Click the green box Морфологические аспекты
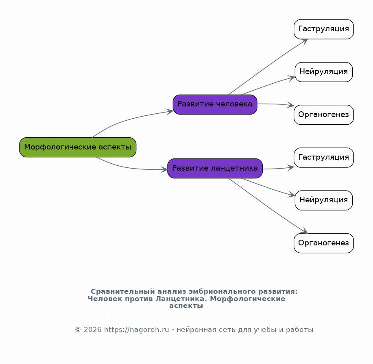[78, 147]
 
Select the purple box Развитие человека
[215, 104]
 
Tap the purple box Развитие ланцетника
[215, 169]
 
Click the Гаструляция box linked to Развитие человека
[324, 29]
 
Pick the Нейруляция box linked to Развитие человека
[324, 72]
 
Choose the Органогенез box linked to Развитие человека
[324, 115]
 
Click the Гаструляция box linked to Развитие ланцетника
[324, 158]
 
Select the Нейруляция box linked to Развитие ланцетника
[324, 200]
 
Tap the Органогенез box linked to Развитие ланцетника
[324, 243]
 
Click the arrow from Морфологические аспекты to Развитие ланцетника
[130, 167]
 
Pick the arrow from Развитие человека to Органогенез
[276, 104]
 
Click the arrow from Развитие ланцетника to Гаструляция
[278, 169]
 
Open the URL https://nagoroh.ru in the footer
[137, 330]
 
